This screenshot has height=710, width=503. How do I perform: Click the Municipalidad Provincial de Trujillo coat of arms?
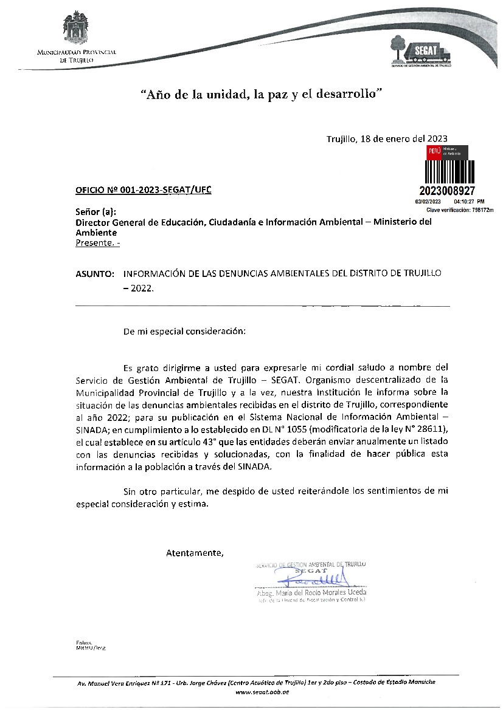point(76,31)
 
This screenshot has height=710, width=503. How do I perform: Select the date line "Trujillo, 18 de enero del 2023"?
point(387,138)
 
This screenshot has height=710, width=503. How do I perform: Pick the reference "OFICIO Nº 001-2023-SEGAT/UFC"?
point(144,190)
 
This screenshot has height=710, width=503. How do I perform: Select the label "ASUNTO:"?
point(95,274)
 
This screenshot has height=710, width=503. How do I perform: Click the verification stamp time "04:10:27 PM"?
point(469,201)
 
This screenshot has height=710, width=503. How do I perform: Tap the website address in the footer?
point(262,692)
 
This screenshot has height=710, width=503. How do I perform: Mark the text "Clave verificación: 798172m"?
point(460,210)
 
